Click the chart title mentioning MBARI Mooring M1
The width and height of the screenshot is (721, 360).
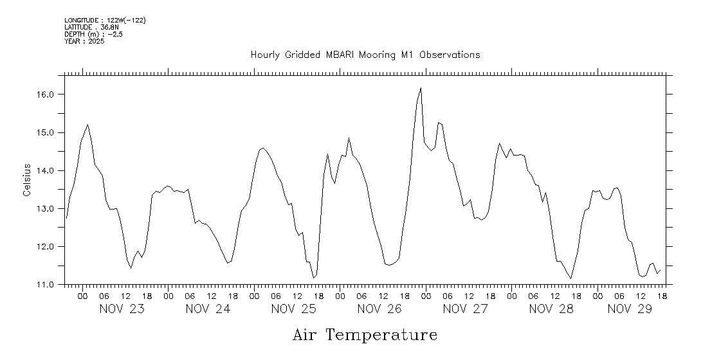click(x=365, y=55)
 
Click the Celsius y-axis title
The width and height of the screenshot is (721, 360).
click(x=27, y=180)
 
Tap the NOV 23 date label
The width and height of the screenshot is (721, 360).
click(x=122, y=309)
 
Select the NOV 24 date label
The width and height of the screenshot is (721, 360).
click(x=208, y=309)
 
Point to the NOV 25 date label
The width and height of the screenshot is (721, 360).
click(x=294, y=309)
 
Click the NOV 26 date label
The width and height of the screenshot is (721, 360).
click(x=379, y=309)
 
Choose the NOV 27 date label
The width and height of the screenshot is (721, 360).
click(x=466, y=309)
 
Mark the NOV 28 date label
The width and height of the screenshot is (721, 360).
click(x=551, y=309)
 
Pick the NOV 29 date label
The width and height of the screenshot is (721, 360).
click(x=630, y=309)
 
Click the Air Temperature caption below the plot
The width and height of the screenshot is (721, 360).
click(x=365, y=336)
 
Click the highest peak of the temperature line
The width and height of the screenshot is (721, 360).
click(x=421, y=88)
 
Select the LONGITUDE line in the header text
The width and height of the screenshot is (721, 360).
click(x=105, y=21)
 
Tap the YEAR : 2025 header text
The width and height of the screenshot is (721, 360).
click(x=84, y=41)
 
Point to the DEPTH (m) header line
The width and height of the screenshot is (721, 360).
click(x=93, y=34)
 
